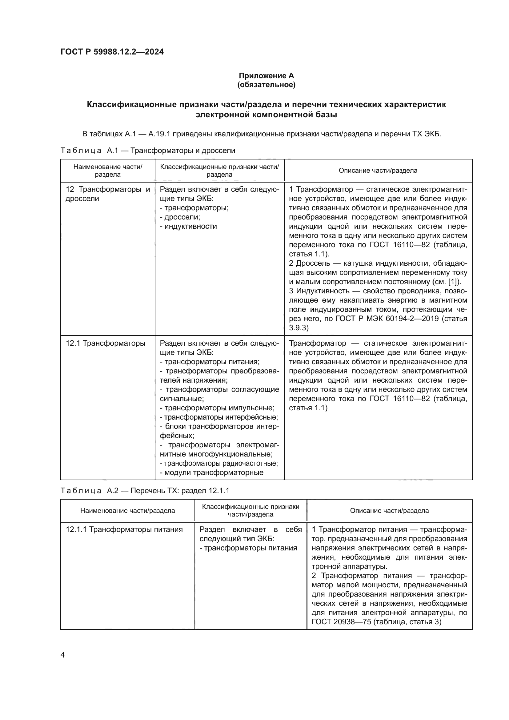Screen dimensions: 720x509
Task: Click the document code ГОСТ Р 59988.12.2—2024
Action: tap(112, 52)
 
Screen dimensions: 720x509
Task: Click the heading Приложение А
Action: tap(266, 76)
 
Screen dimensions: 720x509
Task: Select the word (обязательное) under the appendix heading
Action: tap(266, 85)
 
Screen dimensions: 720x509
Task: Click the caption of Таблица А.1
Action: tap(148, 151)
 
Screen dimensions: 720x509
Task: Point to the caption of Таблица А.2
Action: tap(145, 490)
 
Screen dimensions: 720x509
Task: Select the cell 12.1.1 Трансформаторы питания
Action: tap(124, 530)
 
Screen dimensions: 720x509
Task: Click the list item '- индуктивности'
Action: tap(188, 227)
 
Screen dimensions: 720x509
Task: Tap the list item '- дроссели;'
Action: tap(180, 217)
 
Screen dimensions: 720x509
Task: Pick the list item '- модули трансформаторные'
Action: tap(211, 473)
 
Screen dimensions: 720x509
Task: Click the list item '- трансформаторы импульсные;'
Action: tap(217, 408)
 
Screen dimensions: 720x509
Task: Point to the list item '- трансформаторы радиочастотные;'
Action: tap(219, 464)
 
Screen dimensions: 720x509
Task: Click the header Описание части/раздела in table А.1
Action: tap(378, 171)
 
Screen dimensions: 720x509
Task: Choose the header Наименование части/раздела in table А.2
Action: tap(128, 510)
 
